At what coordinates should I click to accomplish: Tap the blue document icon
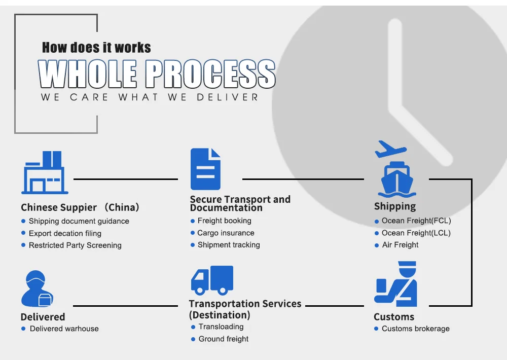[205, 169]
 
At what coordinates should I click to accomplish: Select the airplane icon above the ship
[390, 150]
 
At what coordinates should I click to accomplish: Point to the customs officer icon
[395, 284]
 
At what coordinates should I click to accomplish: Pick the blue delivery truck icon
[212, 280]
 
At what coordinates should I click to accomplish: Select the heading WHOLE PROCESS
[157, 75]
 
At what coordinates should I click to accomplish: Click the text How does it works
[96, 48]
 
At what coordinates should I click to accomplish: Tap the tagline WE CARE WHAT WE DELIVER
[150, 97]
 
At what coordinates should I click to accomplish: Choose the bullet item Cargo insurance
[226, 233]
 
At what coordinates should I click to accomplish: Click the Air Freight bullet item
[400, 245]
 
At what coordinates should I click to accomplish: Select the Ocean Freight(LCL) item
[416, 233]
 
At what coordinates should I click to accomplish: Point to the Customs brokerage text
[415, 329]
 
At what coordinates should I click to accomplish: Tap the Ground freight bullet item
[223, 339]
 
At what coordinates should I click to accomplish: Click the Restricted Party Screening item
[75, 245]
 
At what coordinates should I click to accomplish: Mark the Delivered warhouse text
[64, 329]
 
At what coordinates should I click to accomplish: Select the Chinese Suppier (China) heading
[80, 207]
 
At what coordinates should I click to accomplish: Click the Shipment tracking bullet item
[228, 245]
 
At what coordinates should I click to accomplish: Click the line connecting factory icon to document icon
[126, 179]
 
